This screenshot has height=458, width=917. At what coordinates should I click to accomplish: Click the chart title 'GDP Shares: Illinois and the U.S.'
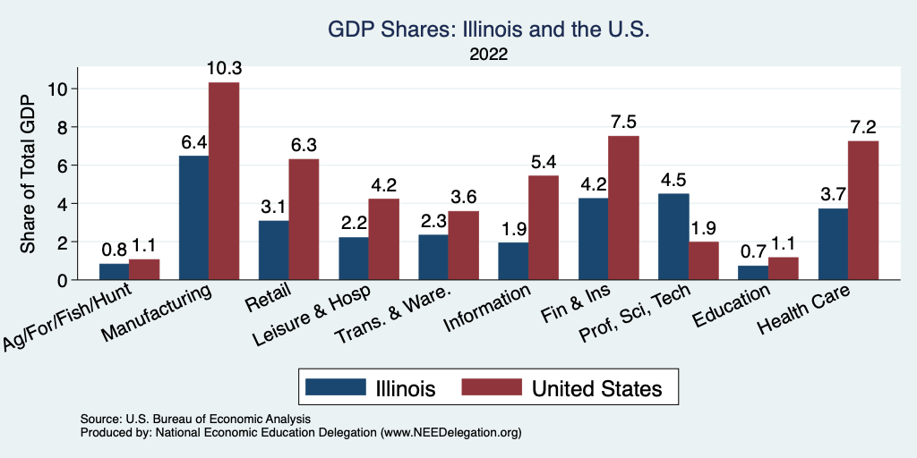click(x=487, y=30)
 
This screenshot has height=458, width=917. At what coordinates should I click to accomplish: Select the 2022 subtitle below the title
click(x=488, y=55)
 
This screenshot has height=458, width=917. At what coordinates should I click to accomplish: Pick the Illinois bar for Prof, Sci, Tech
click(x=673, y=236)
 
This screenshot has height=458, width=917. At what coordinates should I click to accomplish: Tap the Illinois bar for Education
click(x=753, y=272)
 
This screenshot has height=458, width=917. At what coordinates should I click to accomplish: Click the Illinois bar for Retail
click(x=273, y=250)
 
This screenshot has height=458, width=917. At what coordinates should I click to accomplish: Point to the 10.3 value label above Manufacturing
click(x=224, y=69)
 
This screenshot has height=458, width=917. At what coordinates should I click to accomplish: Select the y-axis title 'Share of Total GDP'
click(x=29, y=174)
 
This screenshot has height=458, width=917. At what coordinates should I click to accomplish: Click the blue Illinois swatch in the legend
click(x=336, y=387)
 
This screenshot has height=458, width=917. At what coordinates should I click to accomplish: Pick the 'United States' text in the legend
click(x=597, y=388)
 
